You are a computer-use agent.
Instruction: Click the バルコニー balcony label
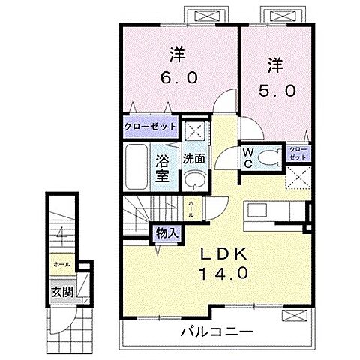(x=217, y=331)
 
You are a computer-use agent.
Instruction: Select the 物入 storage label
(x=166, y=233)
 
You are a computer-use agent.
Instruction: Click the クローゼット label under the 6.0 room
(x=150, y=127)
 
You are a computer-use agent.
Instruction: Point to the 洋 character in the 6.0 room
(x=178, y=54)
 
